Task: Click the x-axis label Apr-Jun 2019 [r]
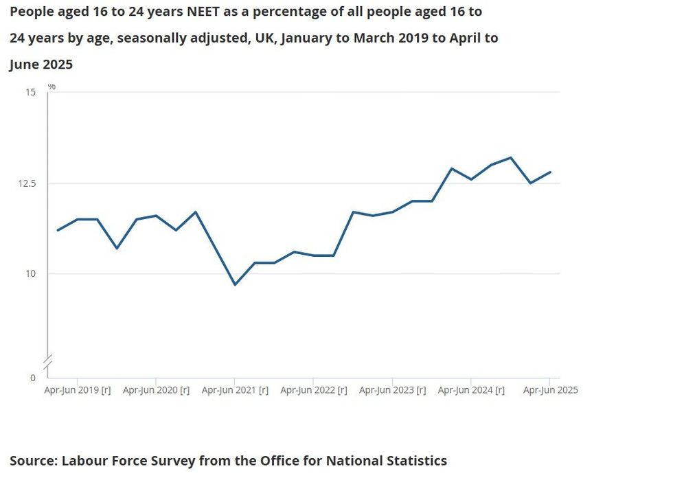point(78,390)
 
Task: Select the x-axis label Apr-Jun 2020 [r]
point(157,390)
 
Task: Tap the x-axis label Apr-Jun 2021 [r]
point(235,390)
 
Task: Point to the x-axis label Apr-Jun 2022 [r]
point(314,390)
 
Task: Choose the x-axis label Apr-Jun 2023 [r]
point(393,390)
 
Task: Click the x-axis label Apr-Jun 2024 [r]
point(471,390)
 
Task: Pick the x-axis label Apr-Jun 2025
point(551,390)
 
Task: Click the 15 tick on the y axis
point(31,92)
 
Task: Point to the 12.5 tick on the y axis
point(28,183)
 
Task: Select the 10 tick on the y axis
point(31,274)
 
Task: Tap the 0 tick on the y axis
point(33,378)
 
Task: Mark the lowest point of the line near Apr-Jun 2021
point(235,284)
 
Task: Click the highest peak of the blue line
point(510,157)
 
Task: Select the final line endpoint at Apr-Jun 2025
point(550,172)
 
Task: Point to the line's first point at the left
point(58,230)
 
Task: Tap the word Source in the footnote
point(32,461)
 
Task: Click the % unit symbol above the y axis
point(52,87)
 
